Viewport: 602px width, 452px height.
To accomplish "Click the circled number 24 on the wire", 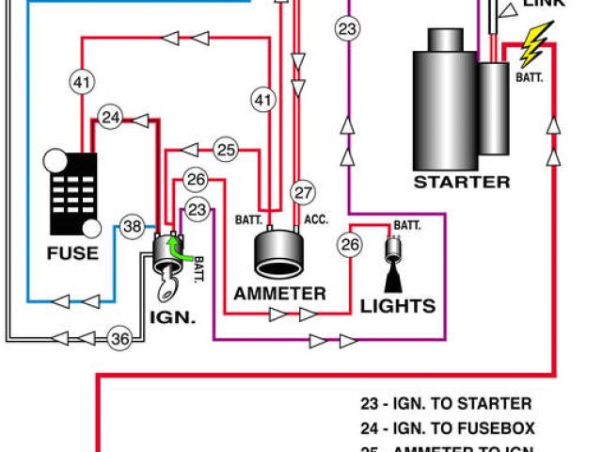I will tap(112, 118).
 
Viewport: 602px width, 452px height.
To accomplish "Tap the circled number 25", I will tap(225, 149).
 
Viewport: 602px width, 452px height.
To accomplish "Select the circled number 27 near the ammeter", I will tap(301, 193).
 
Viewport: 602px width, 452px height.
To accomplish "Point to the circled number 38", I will tap(133, 226).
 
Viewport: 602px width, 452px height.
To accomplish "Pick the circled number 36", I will tap(119, 339).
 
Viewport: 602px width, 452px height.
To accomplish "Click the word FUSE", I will tap(72, 252).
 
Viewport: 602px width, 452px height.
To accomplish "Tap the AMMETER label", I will tap(279, 293).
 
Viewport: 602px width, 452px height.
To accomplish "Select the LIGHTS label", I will tap(397, 305).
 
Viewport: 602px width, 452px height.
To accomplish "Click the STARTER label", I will tap(462, 182).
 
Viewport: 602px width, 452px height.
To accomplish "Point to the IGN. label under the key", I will tap(172, 317).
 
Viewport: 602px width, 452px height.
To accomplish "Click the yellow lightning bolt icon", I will tap(537, 43).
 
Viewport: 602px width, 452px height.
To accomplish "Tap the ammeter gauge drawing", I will tap(279, 255).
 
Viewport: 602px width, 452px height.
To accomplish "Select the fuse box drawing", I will tap(72, 193).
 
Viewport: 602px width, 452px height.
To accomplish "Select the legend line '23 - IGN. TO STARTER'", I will tap(446, 404).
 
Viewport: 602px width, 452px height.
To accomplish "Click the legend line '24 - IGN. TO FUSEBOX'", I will tap(446, 427).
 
